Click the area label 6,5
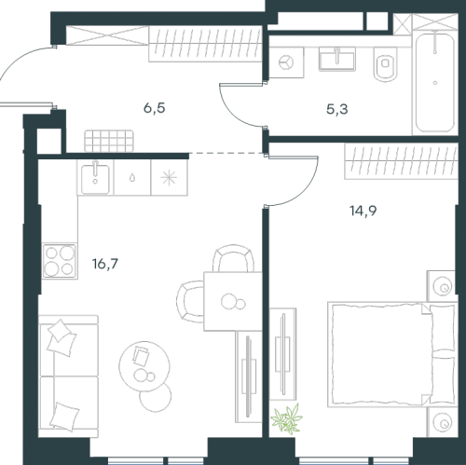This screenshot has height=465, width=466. (154, 108)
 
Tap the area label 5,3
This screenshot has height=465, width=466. (337, 109)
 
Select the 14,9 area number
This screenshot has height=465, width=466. (363, 211)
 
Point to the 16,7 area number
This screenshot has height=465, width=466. (105, 264)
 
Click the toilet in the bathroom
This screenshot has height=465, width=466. (386, 64)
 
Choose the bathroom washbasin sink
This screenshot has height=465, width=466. (337, 59)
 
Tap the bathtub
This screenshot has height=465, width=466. (435, 82)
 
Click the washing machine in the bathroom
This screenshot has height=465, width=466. (286, 62)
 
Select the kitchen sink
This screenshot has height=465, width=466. (95, 178)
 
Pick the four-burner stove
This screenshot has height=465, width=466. (60, 261)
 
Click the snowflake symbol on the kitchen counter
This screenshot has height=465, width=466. (169, 178)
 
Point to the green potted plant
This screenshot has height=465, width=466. (286, 419)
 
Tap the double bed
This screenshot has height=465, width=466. (392, 354)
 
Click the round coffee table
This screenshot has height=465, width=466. (144, 366)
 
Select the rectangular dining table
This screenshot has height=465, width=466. (233, 301)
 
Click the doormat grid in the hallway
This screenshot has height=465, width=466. (109, 142)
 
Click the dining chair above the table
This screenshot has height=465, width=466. (233, 258)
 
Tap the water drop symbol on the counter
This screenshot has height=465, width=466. (132, 178)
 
